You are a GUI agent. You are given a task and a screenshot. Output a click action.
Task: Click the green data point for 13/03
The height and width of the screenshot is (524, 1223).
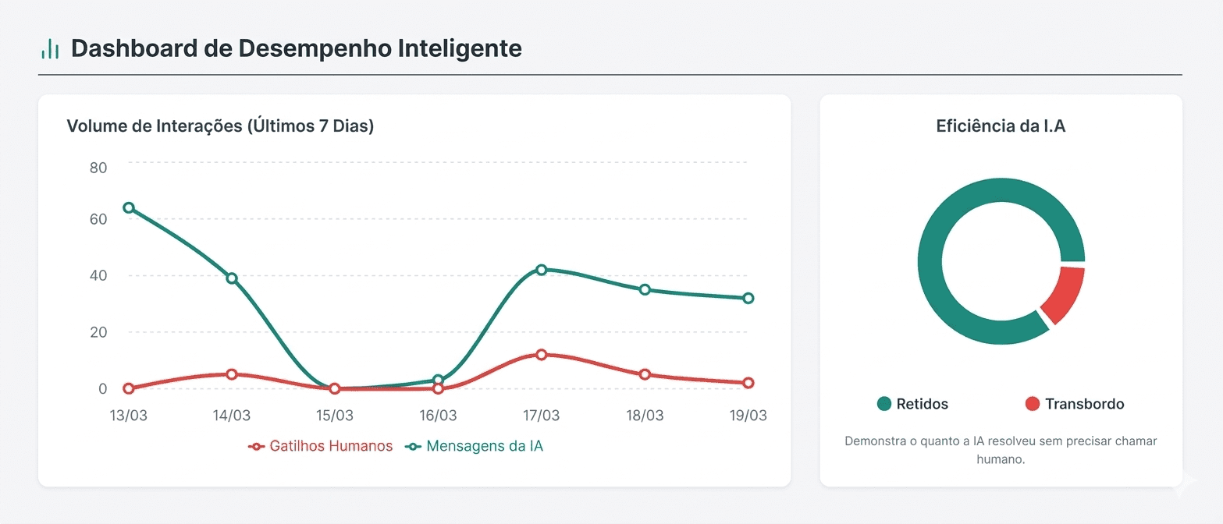pyautogui.click(x=129, y=208)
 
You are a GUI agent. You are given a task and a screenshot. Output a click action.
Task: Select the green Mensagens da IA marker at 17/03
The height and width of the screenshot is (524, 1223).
pyautogui.click(x=542, y=270)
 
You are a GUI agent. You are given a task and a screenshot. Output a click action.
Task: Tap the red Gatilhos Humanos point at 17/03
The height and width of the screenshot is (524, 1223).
pyautogui.click(x=542, y=355)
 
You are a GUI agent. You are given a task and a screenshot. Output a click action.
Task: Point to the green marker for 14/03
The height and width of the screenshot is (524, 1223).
pyautogui.click(x=232, y=278)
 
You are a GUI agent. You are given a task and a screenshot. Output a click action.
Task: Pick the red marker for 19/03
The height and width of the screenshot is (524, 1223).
pyautogui.click(x=748, y=383)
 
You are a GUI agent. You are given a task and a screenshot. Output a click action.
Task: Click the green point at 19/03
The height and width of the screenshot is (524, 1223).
pyautogui.click(x=748, y=299)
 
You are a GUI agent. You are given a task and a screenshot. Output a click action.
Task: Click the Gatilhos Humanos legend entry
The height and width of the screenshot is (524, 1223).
pyautogui.click(x=321, y=447)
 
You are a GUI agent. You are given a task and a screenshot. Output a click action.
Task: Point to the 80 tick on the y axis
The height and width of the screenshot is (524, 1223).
pyautogui.click(x=98, y=167)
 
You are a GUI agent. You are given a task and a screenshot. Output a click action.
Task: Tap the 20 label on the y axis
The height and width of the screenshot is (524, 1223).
pyautogui.click(x=98, y=332)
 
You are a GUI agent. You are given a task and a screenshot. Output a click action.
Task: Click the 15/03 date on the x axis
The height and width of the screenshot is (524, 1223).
pyautogui.click(x=335, y=416)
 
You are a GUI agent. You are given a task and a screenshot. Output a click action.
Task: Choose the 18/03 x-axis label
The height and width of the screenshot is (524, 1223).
pyautogui.click(x=645, y=416)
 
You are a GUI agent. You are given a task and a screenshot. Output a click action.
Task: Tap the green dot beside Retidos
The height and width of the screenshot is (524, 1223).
pyautogui.click(x=884, y=404)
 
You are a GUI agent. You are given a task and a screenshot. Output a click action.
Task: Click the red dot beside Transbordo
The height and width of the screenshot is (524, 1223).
pyautogui.click(x=1033, y=404)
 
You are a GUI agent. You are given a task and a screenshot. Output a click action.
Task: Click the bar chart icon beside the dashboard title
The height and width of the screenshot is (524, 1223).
pyautogui.click(x=50, y=49)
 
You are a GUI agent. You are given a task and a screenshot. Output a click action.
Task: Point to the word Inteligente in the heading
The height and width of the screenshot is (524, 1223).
pyautogui.click(x=460, y=48)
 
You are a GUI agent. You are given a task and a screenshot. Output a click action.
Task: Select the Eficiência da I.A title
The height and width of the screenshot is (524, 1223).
pyautogui.click(x=1001, y=126)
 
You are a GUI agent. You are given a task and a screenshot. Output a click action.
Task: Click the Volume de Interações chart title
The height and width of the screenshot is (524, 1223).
pyautogui.click(x=220, y=126)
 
